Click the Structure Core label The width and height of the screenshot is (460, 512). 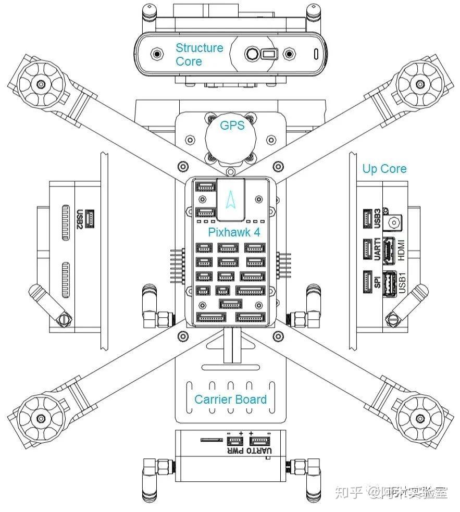[x=199, y=55]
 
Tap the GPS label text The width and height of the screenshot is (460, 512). [x=232, y=126]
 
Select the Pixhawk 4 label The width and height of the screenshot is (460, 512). [x=234, y=232]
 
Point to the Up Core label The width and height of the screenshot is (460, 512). [x=384, y=169]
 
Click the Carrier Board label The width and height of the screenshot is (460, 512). [x=230, y=399]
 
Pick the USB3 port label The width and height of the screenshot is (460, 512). [x=378, y=217]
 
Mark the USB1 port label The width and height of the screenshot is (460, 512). [x=401, y=284]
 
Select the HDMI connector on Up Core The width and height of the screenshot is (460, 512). [x=388, y=251]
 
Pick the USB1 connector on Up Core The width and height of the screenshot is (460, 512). [x=389, y=285]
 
